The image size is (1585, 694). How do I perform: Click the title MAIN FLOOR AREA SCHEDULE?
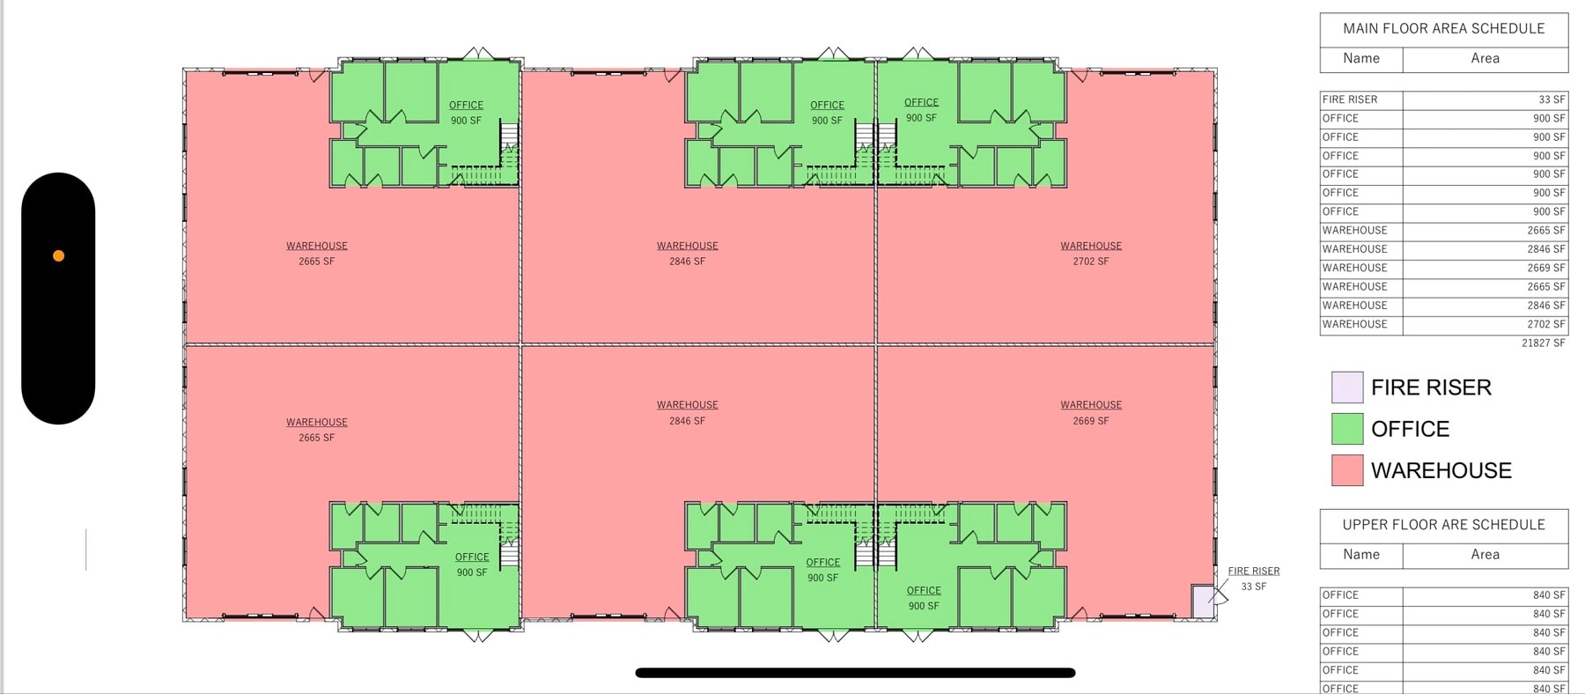[x=1443, y=28]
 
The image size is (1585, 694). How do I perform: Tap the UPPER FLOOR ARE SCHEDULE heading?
[x=1443, y=525]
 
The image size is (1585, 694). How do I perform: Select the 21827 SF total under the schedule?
[x=1544, y=343]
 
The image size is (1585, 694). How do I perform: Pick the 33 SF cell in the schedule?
[x=1552, y=100]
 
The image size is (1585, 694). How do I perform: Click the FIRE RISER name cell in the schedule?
[x=1350, y=100]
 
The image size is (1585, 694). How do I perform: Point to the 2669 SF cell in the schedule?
[x=1546, y=268]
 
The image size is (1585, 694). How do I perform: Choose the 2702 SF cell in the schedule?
[x=1546, y=324]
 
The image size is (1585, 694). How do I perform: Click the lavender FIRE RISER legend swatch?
[x=1347, y=388]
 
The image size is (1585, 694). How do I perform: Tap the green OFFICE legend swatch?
[x=1347, y=429]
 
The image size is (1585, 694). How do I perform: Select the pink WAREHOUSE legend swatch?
[x=1347, y=470]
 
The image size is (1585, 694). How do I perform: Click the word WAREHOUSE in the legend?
[x=1441, y=470]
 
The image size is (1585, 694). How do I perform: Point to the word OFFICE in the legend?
[x=1410, y=429]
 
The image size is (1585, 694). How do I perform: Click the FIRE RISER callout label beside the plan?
[x=1254, y=572]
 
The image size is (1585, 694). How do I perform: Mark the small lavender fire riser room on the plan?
[x=1203, y=602]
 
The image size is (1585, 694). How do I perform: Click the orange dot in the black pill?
[x=58, y=256]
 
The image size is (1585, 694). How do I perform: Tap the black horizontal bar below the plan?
[x=855, y=673]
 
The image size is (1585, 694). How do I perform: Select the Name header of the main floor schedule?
[x=1361, y=58]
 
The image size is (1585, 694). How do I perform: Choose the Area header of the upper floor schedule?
[x=1485, y=555]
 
